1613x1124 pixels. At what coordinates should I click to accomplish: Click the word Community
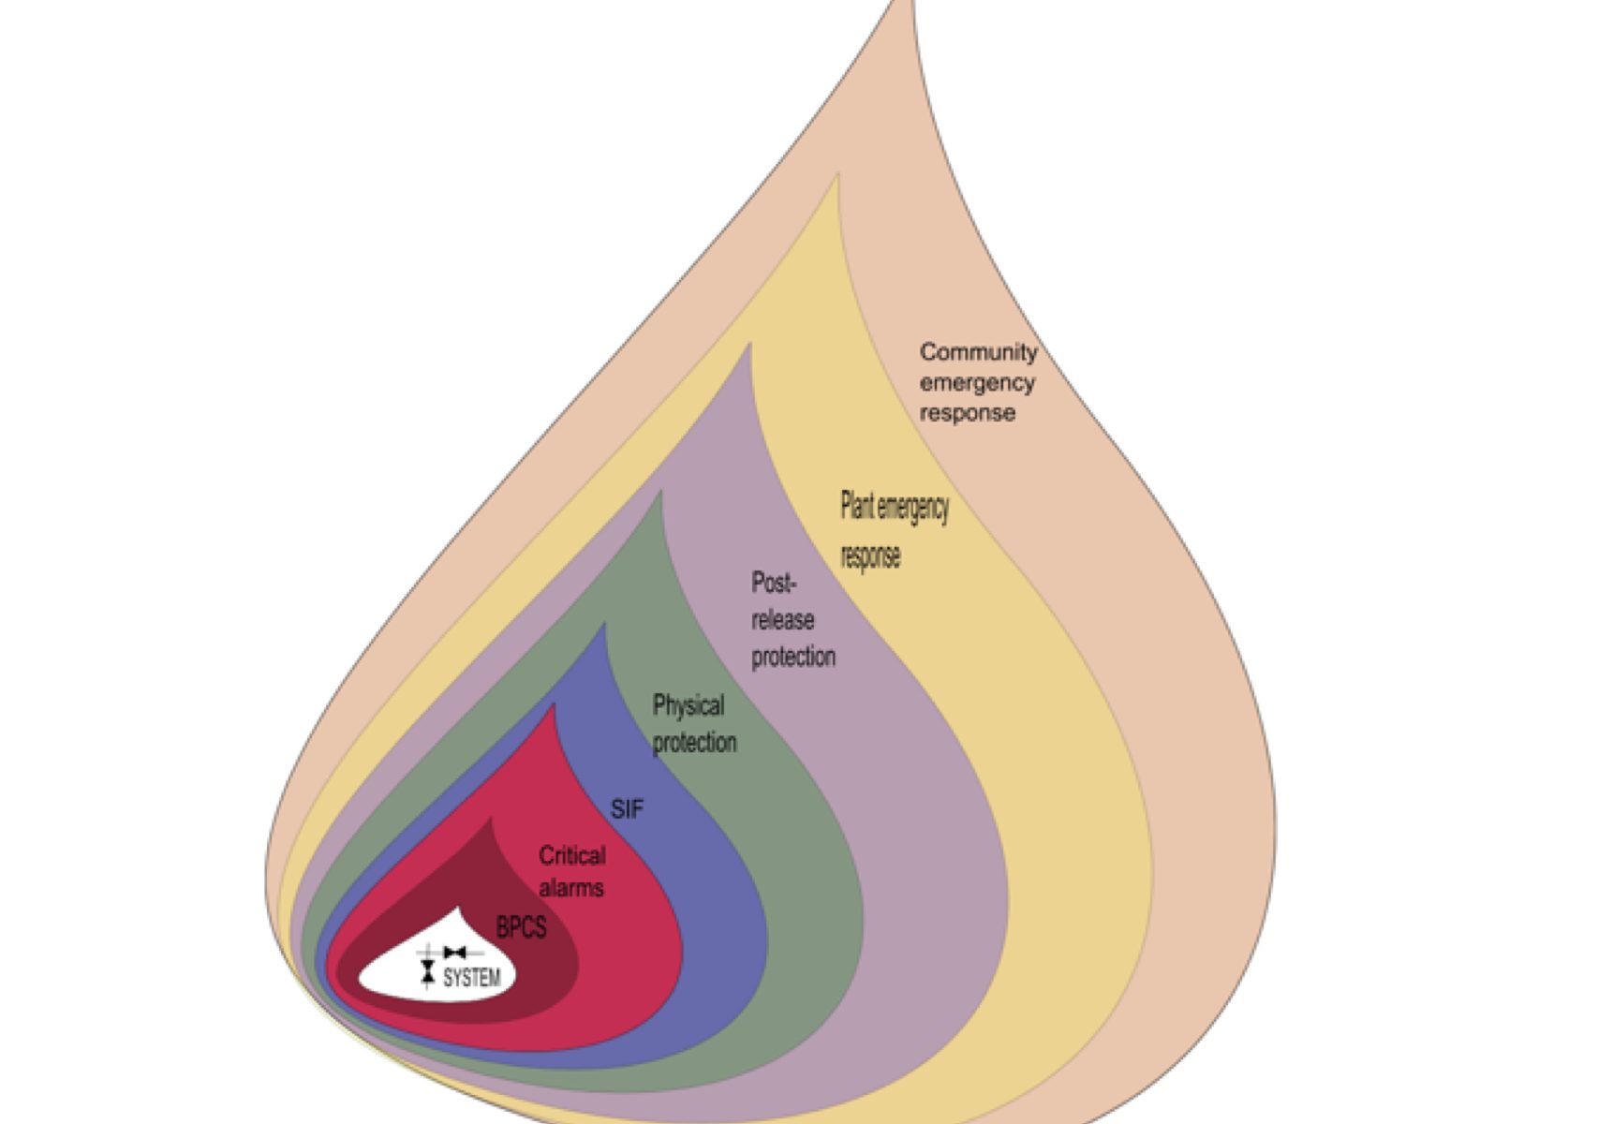[x=978, y=352]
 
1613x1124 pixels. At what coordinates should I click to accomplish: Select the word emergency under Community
[x=977, y=383]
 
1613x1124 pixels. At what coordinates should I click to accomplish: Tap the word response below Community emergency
[x=967, y=413]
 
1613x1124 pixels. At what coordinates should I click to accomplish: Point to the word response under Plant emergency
[x=870, y=555]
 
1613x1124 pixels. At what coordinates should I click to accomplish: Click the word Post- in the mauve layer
[x=773, y=583]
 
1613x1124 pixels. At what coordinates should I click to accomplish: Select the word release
[x=782, y=620]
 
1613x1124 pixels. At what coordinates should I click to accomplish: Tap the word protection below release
[x=792, y=657]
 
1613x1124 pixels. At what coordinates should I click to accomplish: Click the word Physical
[x=688, y=704]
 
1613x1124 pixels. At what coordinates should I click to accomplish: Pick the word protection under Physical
[x=694, y=743]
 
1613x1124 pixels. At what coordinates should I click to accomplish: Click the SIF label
[x=627, y=808]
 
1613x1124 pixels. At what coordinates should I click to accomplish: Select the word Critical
[x=571, y=855]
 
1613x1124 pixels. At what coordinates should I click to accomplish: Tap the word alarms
[x=570, y=887]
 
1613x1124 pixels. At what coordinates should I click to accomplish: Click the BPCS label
[x=521, y=927]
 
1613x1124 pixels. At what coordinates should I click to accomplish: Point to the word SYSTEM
[x=471, y=978]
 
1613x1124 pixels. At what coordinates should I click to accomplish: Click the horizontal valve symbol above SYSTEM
[x=455, y=953]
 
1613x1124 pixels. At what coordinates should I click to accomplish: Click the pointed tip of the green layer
[x=661, y=493]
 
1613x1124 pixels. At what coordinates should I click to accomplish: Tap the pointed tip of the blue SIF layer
[x=604, y=625]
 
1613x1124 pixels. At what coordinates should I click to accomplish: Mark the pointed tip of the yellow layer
[x=837, y=175]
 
